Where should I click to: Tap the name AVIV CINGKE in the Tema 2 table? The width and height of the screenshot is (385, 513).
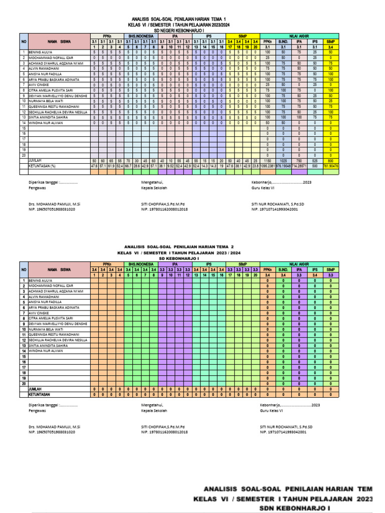click(39, 313)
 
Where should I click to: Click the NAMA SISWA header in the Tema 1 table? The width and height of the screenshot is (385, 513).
click(59, 42)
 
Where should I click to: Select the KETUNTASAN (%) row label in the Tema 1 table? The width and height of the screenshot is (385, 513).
click(42, 165)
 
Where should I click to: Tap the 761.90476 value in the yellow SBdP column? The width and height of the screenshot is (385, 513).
click(330, 165)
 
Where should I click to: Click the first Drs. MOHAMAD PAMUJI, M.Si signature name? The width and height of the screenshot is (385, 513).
click(54, 205)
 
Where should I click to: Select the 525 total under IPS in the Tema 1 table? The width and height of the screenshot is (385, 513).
click(315, 160)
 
